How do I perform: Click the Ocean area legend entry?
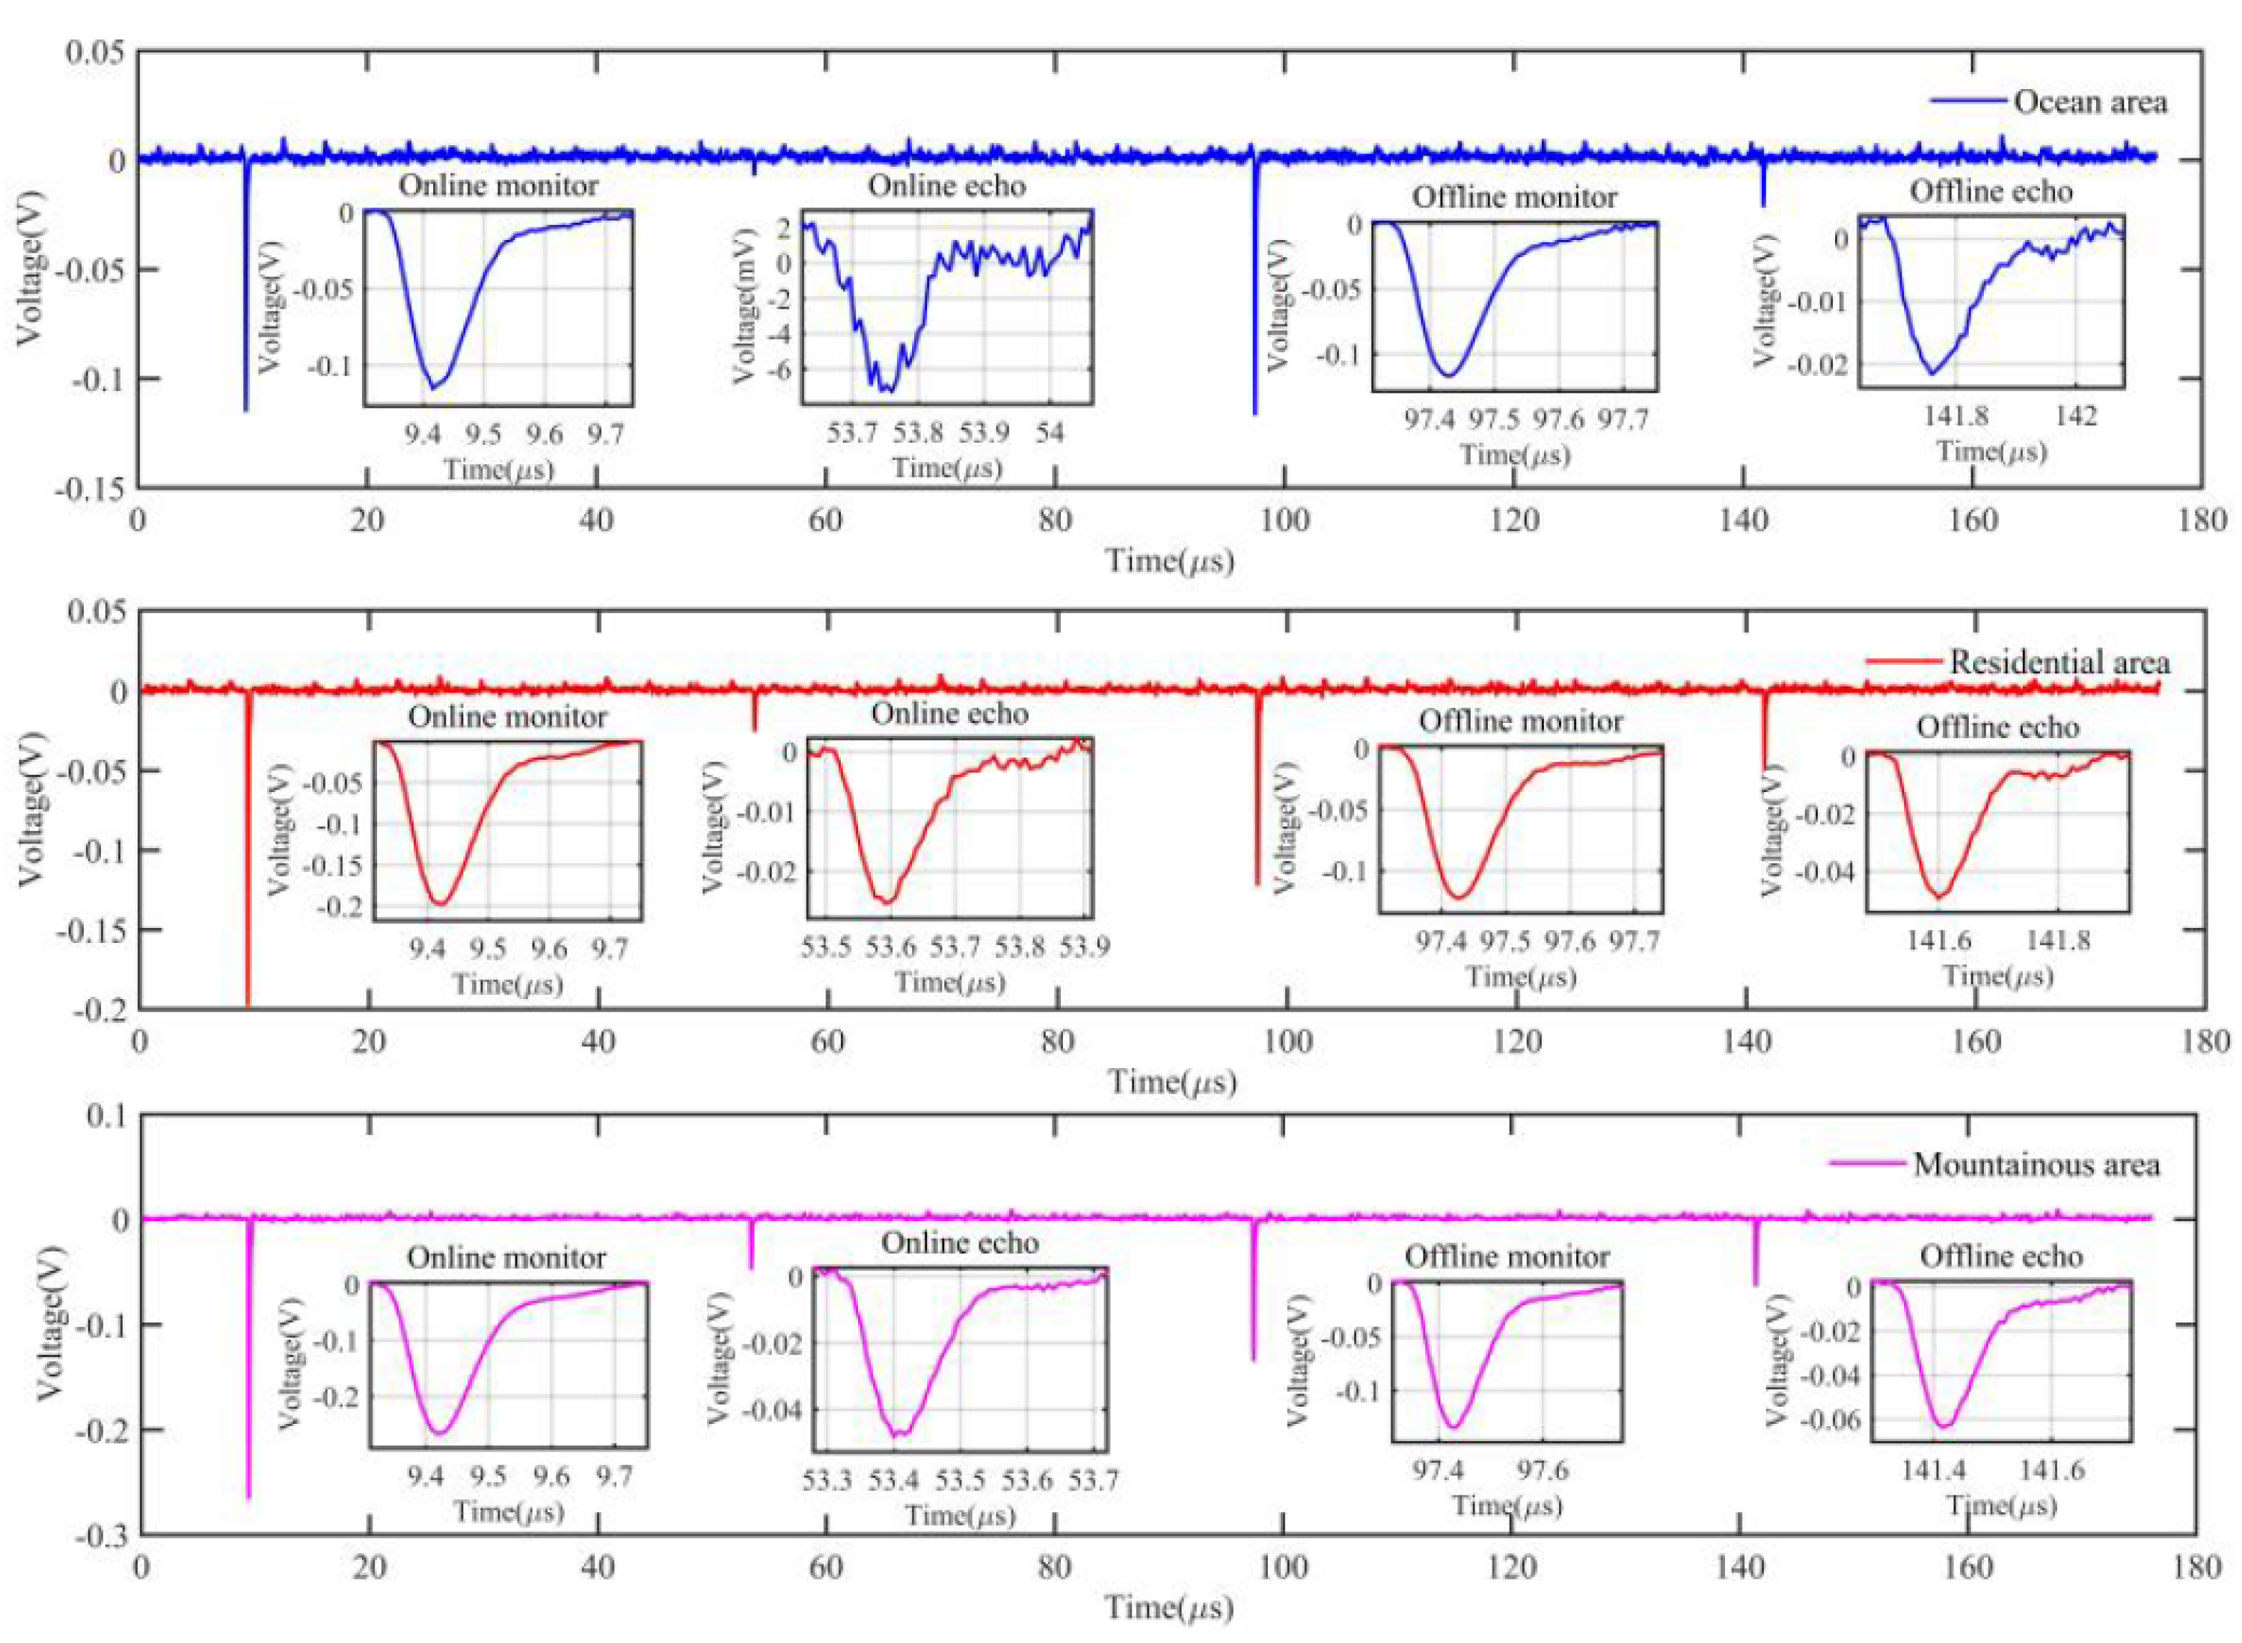pyautogui.click(x=2088, y=102)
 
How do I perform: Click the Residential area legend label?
pyautogui.click(x=2058, y=663)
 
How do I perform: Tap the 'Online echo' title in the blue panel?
pyautogui.click(x=946, y=186)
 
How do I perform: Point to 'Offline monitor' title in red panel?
pyautogui.click(x=1520, y=721)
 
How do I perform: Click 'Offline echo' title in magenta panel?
pyautogui.click(x=2000, y=1256)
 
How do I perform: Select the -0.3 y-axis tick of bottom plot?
pyautogui.click(x=102, y=1535)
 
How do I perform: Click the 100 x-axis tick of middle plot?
pyautogui.click(x=1286, y=1041)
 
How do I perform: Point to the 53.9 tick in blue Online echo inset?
pyautogui.click(x=983, y=433)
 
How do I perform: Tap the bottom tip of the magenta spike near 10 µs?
pyautogui.click(x=248, y=1497)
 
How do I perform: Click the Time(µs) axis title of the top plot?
pyautogui.click(x=1171, y=562)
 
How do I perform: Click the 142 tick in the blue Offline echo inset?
pyautogui.click(x=2075, y=417)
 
